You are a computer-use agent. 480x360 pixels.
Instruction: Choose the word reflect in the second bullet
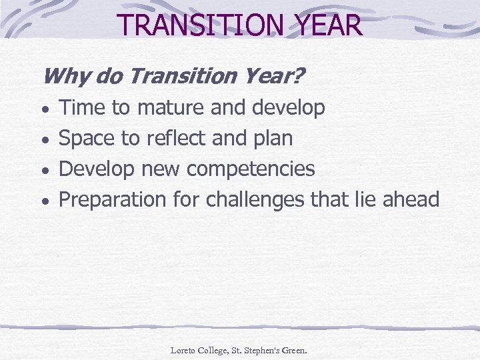[x=175, y=138]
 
